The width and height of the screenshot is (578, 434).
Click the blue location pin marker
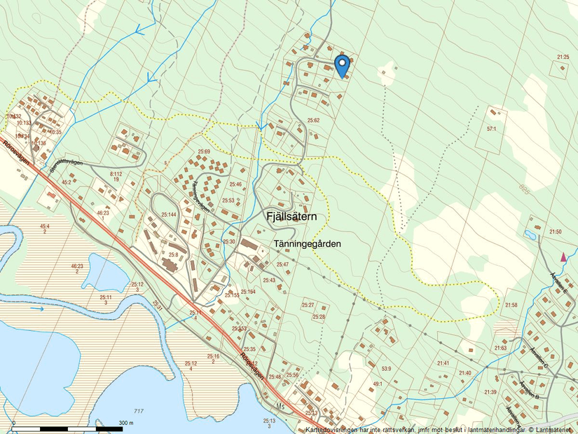coord(342,66)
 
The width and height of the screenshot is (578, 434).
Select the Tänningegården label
coord(307,244)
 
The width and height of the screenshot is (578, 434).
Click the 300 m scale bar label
coord(126,423)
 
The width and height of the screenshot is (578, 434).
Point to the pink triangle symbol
coord(564,257)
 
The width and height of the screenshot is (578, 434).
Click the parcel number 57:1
coord(490,130)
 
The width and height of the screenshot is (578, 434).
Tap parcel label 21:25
coord(563,57)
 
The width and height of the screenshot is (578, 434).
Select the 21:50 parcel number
coord(555,231)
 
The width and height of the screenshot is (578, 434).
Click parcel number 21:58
coord(511,305)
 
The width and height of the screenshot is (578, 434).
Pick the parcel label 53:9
coord(385,367)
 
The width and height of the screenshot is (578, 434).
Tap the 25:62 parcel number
coord(313,121)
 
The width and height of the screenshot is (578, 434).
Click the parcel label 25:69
coord(203,151)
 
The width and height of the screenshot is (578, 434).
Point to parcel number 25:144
coord(169,215)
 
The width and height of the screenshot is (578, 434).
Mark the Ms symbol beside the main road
coord(281,407)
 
